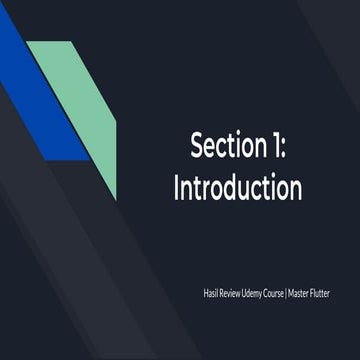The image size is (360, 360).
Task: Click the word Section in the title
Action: point(227,146)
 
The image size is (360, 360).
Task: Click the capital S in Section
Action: point(197,146)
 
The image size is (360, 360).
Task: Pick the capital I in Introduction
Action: point(178,187)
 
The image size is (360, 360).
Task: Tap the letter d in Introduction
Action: point(228,187)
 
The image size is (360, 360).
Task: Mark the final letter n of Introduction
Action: point(295,189)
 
